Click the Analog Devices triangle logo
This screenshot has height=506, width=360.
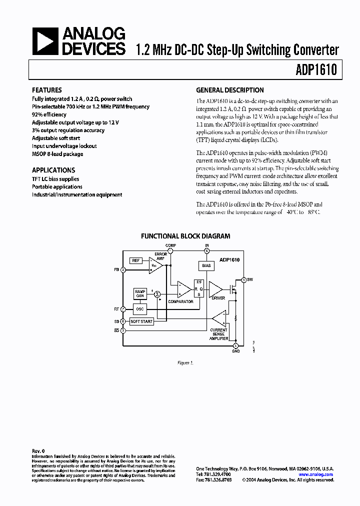click(x=45, y=41)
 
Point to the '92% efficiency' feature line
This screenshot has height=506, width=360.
click(x=49, y=114)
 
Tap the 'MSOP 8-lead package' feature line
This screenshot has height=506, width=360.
click(x=57, y=154)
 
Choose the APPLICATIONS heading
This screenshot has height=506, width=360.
click(x=53, y=170)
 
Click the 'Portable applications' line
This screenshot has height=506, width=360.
click(x=57, y=186)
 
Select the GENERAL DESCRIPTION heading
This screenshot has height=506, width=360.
click(x=229, y=90)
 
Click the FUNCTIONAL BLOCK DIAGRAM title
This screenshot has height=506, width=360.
click(x=185, y=236)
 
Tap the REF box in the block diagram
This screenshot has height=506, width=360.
click(x=136, y=260)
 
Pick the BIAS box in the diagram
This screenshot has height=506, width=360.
click(x=206, y=265)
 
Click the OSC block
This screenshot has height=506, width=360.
click(x=140, y=309)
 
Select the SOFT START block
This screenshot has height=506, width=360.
click(x=141, y=321)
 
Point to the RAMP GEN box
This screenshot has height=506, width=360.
click(x=140, y=293)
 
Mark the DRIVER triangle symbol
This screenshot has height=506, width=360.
click(x=215, y=288)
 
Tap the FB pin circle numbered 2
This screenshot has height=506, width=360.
click(x=123, y=269)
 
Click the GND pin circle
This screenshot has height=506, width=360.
click(x=235, y=345)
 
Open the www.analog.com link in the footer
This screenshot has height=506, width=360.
click(x=315, y=474)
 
